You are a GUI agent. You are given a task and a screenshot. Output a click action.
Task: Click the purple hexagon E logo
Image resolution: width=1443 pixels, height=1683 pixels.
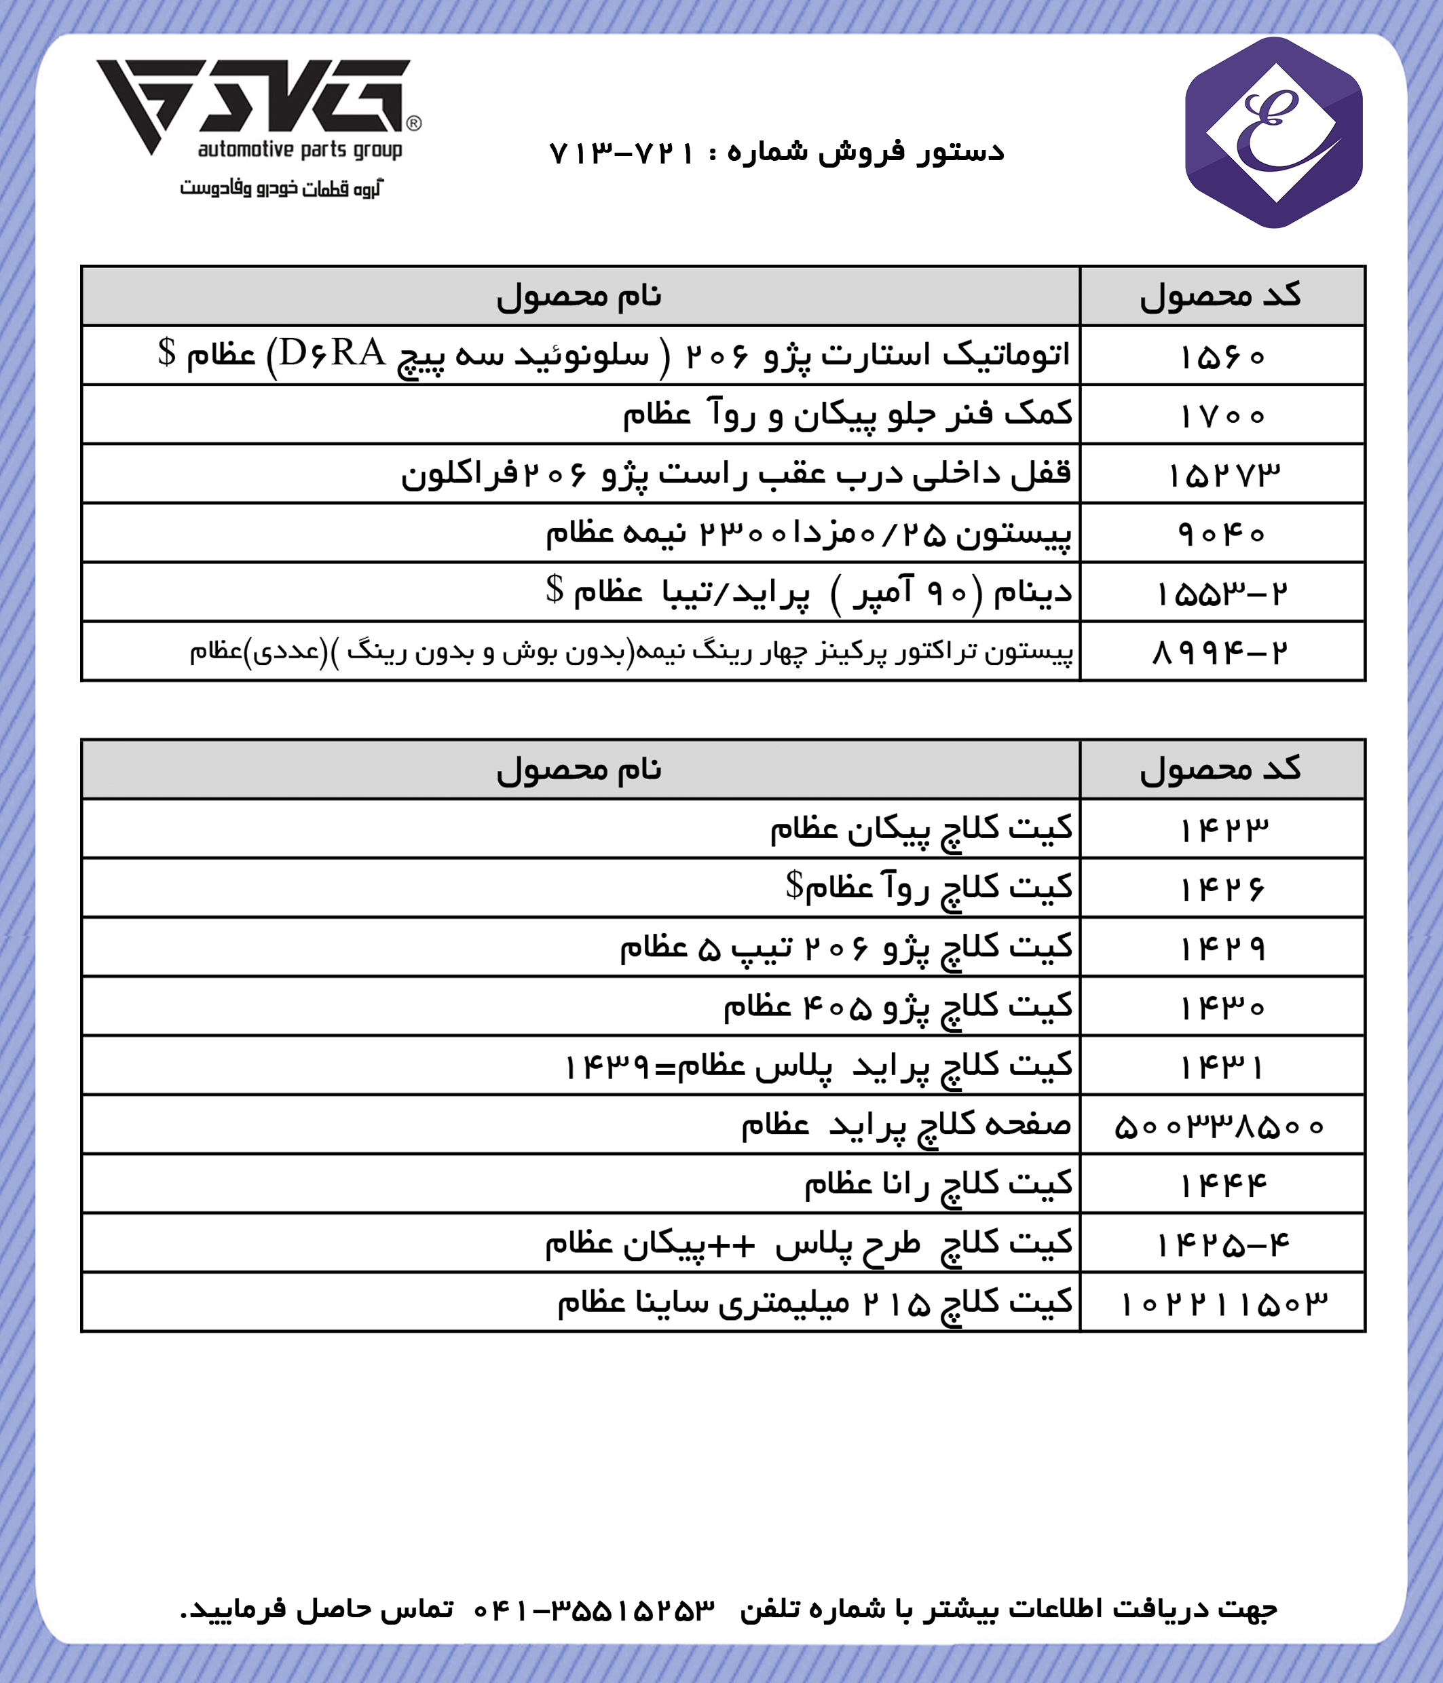tap(1273, 133)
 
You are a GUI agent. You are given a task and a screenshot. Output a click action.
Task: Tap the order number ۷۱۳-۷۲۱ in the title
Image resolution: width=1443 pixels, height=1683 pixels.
tap(622, 153)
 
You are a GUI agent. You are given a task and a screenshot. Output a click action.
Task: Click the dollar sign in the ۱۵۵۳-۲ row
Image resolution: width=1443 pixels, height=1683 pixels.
tap(554, 589)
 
